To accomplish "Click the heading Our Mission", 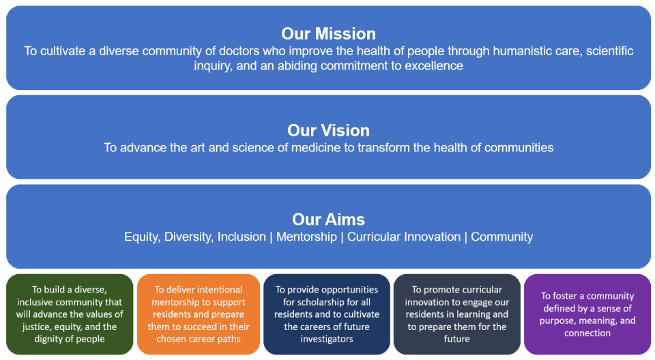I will point(328,33).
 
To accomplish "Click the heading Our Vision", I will point(328,130).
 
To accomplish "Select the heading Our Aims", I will point(328,220).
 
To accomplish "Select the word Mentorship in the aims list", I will point(305,237).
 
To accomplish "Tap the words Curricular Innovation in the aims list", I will point(404,237).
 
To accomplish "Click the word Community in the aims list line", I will point(501,237).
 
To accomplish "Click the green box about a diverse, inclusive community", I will point(70,314).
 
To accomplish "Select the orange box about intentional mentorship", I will point(199,314).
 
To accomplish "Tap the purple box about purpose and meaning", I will point(587,314).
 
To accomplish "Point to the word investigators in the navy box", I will point(327,339).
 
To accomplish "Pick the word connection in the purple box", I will point(587,333).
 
